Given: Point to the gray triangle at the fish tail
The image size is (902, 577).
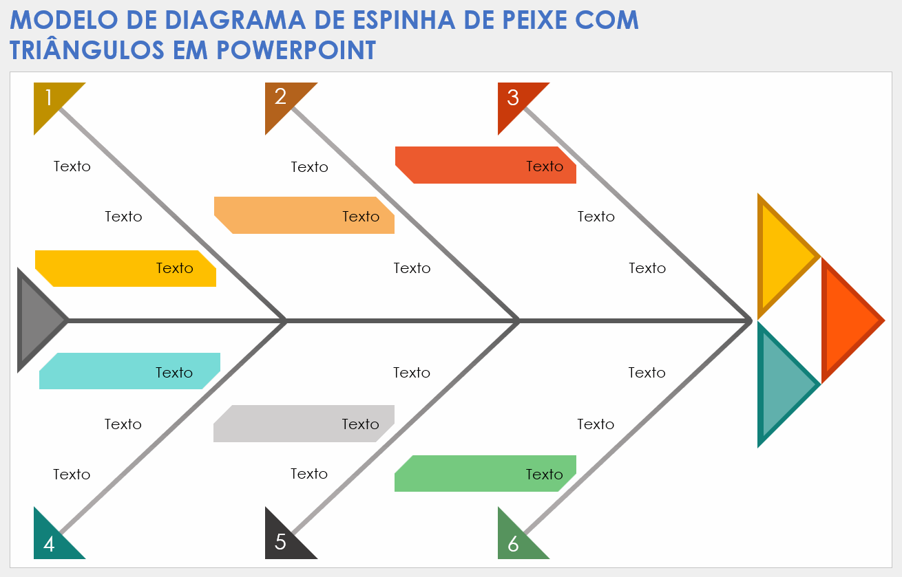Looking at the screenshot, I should point(39,320).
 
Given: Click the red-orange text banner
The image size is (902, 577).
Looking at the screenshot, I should point(485,165).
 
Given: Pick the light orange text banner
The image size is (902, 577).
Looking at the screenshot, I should point(304,215).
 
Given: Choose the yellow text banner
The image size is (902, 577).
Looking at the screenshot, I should point(125,268).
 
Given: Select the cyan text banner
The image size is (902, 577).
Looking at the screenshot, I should point(129,371).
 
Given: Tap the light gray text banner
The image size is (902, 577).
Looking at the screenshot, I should point(304,424).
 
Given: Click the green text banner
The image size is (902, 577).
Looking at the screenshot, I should point(485,474).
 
